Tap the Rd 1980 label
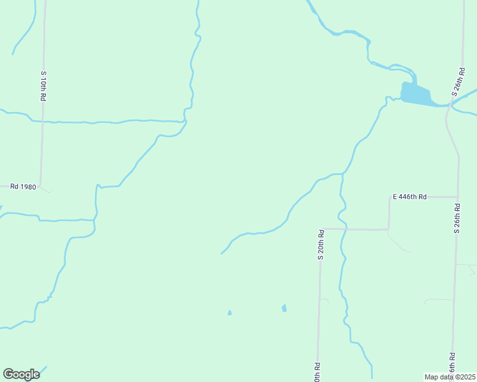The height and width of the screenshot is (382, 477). (24, 187)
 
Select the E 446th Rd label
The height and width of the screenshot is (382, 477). (409, 197)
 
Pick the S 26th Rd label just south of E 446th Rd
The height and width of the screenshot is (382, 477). (457, 218)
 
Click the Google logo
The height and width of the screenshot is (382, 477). (21, 374)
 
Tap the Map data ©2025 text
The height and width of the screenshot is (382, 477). (450, 377)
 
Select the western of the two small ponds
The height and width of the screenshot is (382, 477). (230, 313)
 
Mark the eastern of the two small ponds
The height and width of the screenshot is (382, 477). (284, 308)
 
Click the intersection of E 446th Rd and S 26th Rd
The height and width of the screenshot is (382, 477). (457, 197)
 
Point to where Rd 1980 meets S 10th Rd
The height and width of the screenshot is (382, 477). (41, 187)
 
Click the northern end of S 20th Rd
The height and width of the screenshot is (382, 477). (321, 229)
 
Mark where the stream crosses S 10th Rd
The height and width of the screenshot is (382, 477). (43, 120)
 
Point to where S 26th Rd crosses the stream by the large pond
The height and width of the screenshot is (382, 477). (448, 106)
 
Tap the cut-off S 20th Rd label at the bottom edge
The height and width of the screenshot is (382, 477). (317, 372)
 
